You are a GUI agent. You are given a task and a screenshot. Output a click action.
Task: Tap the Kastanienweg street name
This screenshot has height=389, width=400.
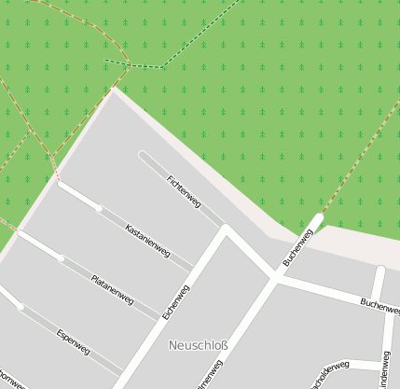pyautogui.click(x=147, y=240)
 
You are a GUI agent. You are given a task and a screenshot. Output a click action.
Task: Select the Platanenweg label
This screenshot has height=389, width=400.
pyautogui.click(x=113, y=290)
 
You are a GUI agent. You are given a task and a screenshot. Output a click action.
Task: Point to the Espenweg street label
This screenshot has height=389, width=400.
pyautogui.click(x=73, y=341)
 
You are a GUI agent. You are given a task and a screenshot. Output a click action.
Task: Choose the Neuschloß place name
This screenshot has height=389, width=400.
pyautogui.click(x=198, y=345)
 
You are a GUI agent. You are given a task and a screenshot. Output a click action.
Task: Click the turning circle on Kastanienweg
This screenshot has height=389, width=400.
pyautogui.click(x=99, y=208)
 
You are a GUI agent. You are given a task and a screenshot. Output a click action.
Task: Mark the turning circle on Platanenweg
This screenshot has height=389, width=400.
pyautogui.click(x=62, y=257)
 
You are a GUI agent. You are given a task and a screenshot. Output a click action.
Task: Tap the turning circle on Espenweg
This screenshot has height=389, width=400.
pyautogui.click(x=21, y=306)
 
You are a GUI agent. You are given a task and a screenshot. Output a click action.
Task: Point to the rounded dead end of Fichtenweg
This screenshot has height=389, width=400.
pyautogui.click(x=143, y=156)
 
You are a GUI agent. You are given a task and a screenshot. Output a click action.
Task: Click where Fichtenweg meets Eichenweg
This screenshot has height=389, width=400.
pyautogui.click(x=225, y=228)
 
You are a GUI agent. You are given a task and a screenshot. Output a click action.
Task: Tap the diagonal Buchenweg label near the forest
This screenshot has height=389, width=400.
pyautogui.click(x=295, y=247)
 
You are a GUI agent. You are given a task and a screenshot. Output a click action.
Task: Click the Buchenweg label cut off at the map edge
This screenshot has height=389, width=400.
pyautogui.click(x=379, y=304)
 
